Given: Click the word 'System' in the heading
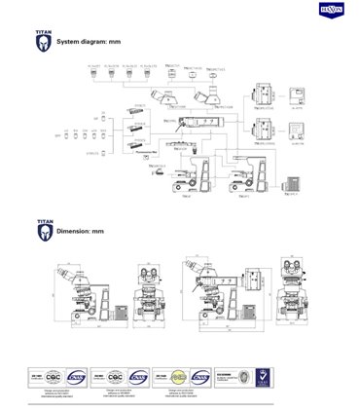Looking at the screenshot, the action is pyautogui.click(x=69, y=44).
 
